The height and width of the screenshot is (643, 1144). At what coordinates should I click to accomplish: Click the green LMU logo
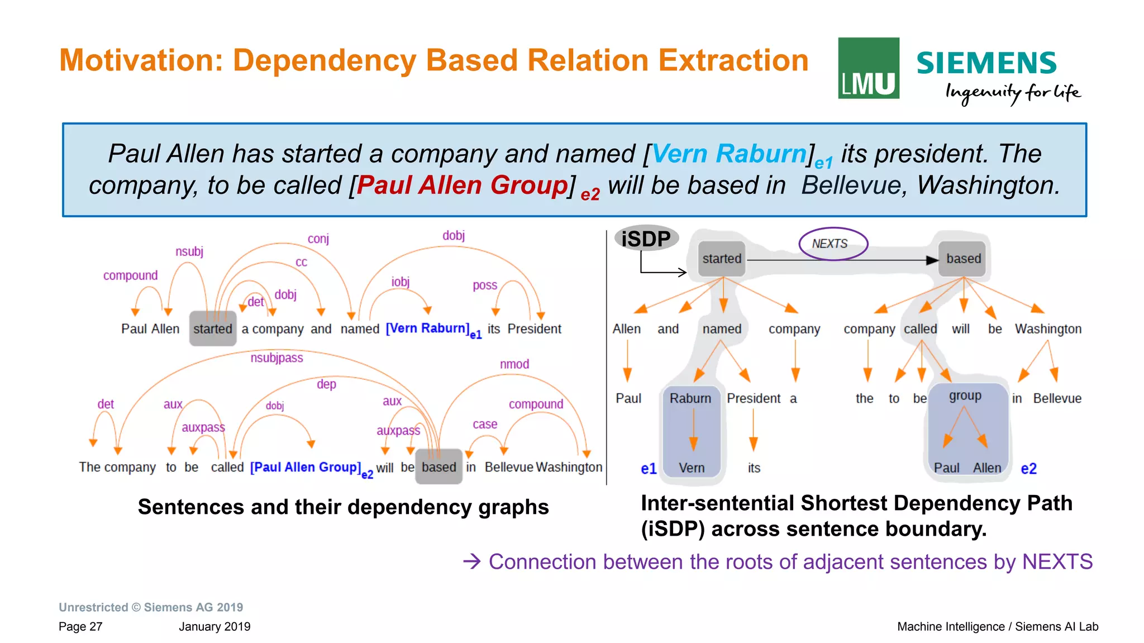[x=868, y=68]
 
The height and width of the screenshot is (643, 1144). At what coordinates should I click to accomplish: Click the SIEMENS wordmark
[x=986, y=63]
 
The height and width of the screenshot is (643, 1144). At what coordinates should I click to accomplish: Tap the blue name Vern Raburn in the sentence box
[x=729, y=154]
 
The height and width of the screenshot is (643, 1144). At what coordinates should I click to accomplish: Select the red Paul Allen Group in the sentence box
[x=462, y=185]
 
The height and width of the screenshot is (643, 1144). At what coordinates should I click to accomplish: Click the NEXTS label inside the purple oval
[x=830, y=244]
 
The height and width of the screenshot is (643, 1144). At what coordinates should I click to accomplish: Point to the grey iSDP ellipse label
[x=646, y=239]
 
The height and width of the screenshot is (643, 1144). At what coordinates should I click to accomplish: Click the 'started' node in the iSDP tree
[x=722, y=259]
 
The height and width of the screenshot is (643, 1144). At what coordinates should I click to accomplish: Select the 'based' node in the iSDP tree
[x=963, y=259]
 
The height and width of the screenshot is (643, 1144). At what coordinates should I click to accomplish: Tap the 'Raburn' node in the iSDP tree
[x=690, y=398]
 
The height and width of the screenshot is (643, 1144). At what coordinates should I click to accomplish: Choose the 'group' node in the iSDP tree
[x=965, y=396]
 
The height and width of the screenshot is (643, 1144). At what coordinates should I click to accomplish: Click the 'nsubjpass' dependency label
[x=277, y=358]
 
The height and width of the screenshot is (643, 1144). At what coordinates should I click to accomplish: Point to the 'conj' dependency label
[x=318, y=239]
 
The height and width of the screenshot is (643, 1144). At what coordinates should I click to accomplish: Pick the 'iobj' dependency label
[x=401, y=282]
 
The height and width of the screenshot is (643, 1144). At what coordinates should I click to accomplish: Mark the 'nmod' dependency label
[x=514, y=364]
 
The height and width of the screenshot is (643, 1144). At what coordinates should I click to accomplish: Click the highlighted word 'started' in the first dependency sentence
[x=213, y=329]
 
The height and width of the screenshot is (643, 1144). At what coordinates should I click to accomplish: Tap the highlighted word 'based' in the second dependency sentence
[x=439, y=467]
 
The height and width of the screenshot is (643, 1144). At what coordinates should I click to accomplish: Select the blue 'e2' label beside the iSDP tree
[x=1028, y=469]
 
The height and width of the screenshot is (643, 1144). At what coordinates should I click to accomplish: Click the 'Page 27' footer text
[x=80, y=626]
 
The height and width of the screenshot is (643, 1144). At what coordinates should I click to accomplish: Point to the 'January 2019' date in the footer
[x=214, y=626]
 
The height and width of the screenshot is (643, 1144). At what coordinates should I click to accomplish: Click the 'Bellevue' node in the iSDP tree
[x=1057, y=398]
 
